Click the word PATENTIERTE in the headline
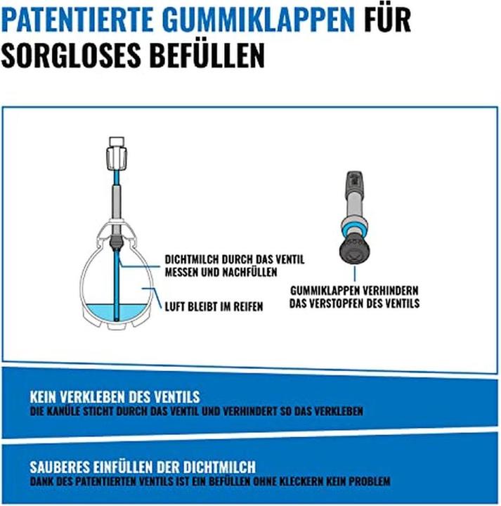pyautogui.click(x=77, y=20)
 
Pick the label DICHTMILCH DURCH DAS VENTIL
pyautogui.click(x=235, y=259)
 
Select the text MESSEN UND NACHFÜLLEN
pyautogui.click(x=221, y=272)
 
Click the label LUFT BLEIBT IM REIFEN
pyautogui.click(x=214, y=306)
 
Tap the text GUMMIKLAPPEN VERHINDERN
pyautogui.click(x=354, y=290)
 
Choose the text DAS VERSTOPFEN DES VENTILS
pyautogui.click(x=354, y=303)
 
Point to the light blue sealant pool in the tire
pyautogui.click(x=117, y=313)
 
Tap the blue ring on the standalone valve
pyautogui.click(x=354, y=231)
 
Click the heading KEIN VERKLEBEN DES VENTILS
pyautogui.click(x=115, y=397)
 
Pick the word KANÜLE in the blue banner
pyautogui.click(x=63, y=411)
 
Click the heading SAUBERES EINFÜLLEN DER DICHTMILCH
pyautogui.click(x=143, y=467)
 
